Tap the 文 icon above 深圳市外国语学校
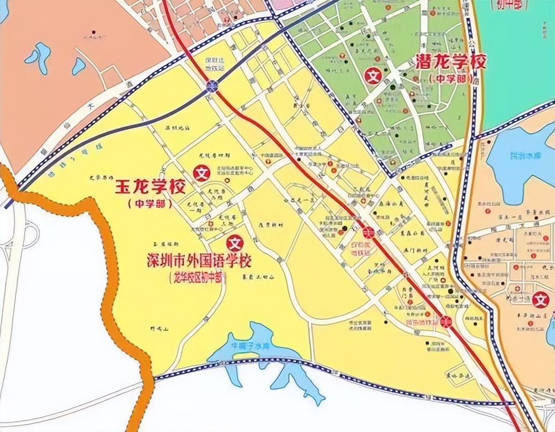[235, 241]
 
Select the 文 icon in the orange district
[540, 300]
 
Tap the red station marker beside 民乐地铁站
[446, 321]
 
